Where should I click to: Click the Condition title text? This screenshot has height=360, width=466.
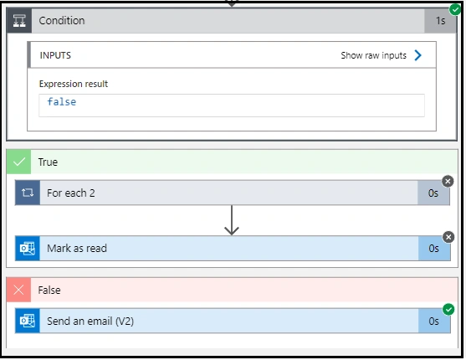tap(62, 21)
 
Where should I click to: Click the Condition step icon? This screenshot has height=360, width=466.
tap(19, 21)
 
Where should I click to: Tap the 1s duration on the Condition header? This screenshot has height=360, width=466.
tap(440, 21)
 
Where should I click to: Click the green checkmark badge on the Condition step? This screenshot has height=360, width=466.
tap(455, 9)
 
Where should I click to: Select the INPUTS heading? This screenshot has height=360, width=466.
tap(55, 55)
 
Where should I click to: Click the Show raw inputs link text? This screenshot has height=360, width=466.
tap(374, 55)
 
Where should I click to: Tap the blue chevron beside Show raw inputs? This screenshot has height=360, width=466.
tap(417, 55)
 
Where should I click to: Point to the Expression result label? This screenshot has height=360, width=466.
tap(74, 84)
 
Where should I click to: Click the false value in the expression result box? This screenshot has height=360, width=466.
tap(62, 102)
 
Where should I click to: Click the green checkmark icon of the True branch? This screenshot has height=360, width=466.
tap(18, 162)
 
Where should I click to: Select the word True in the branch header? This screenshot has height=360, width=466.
tap(48, 162)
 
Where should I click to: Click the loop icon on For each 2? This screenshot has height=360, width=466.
tap(28, 193)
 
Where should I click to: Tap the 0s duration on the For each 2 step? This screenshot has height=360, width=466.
tap(433, 193)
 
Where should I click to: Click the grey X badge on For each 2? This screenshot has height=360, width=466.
tap(448, 181)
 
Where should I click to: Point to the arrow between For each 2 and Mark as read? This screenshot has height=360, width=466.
tap(232, 220)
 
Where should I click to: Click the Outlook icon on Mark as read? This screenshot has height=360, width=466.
tap(28, 249)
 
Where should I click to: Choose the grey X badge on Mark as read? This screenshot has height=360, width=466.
tap(448, 237)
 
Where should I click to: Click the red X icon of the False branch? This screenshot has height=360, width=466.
tap(18, 290)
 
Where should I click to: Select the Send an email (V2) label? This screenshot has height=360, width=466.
tap(90, 321)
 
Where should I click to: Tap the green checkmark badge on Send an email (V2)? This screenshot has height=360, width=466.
tap(448, 310)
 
